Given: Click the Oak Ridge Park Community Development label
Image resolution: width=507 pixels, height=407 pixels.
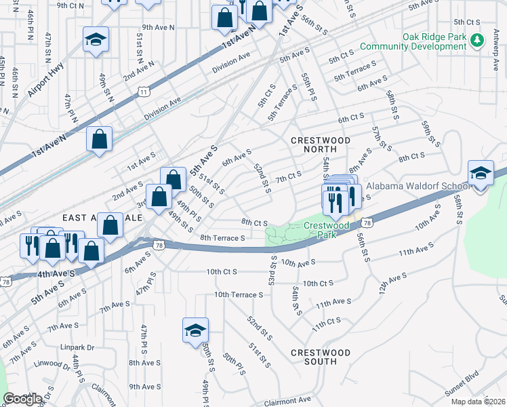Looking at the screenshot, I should click(414, 41).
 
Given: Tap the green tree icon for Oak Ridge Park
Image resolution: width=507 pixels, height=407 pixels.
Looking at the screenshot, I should click(478, 41).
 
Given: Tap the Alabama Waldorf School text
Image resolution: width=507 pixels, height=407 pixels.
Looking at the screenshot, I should click(418, 186).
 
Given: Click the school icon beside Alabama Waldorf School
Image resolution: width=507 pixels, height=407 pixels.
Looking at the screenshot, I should click(480, 174).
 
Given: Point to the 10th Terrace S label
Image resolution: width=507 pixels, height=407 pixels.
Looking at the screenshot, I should click(239, 295).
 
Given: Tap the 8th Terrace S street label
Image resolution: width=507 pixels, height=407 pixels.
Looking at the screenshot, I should click(222, 238).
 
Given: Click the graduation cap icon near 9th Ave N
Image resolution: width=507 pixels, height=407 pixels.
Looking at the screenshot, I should click(96, 40).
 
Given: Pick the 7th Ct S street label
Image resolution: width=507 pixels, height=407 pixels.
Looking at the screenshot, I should click(289, 177).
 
